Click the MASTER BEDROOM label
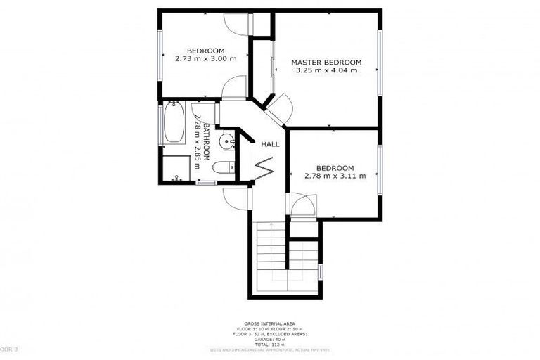[x=326, y=63]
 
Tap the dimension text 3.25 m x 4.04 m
[x=326, y=71]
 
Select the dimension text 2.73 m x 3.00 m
[x=205, y=58]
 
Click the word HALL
[x=270, y=144]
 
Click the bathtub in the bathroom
[x=173, y=124]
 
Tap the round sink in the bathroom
[x=226, y=142]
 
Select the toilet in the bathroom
[x=224, y=168]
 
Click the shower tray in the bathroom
[x=175, y=167]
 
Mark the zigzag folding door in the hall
[x=264, y=168]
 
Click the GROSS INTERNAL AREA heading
[x=270, y=324]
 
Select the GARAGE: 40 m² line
[x=270, y=339]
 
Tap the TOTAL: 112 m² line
[x=270, y=344]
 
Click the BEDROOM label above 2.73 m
[x=205, y=50]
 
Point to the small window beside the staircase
[x=320, y=271]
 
